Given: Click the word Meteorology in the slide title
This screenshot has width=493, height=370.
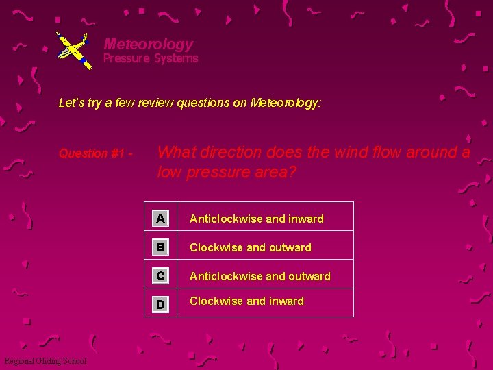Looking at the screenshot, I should click(x=149, y=45).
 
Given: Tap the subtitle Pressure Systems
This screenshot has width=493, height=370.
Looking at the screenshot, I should click(x=151, y=59).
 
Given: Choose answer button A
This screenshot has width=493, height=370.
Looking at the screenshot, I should click(x=160, y=219).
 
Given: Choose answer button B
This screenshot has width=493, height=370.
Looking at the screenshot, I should click(x=160, y=247).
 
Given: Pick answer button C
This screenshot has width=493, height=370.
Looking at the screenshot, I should click(x=160, y=276).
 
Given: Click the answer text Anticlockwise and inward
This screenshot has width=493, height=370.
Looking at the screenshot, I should click(x=256, y=219).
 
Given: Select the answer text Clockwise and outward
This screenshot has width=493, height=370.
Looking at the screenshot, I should click(x=250, y=248).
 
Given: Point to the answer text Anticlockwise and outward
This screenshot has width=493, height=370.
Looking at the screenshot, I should click(x=260, y=277).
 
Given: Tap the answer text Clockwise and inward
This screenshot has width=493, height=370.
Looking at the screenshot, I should click(x=246, y=301).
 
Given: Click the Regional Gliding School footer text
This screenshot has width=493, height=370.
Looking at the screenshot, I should click(x=45, y=361).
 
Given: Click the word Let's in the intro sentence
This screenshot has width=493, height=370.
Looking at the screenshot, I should click(x=71, y=103).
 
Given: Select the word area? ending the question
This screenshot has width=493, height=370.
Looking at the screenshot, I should click(x=274, y=172).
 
